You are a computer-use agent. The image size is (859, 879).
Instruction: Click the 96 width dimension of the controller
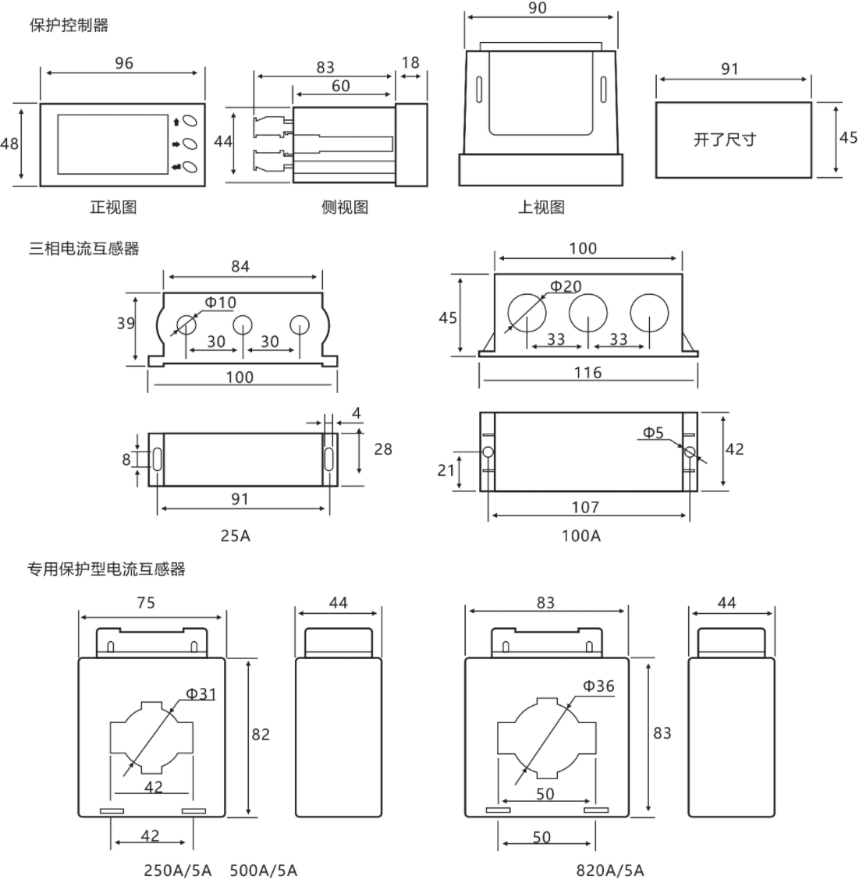click(124, 63)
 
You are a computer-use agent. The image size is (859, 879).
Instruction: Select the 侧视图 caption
click(344, 207)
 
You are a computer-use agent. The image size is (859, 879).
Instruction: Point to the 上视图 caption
click(541, 207)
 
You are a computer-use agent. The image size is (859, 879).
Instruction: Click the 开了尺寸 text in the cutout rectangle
click(725, 140)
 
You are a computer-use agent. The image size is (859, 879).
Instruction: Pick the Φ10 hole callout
click(220, 303)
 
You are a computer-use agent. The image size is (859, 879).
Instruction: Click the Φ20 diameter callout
click(566, 287)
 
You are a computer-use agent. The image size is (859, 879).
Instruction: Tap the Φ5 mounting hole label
click(653, 432)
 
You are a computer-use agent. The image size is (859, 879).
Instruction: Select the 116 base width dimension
click(587, 373)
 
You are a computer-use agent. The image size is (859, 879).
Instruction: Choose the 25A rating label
click(236, 536)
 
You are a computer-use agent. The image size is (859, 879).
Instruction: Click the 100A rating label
click(581, 536)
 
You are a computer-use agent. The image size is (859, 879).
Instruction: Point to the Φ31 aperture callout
click(201, 693)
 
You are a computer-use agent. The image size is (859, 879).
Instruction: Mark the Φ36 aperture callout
click(598, 686)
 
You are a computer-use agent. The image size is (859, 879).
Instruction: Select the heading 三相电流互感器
click(84, 249)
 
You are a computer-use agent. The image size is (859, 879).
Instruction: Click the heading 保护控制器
click(69, 25)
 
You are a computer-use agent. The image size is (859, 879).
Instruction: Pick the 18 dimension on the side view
click(410, 63)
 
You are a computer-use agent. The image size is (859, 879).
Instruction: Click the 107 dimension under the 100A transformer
click(585, 507)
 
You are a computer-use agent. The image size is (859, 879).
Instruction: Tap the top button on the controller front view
click(193, 121)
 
